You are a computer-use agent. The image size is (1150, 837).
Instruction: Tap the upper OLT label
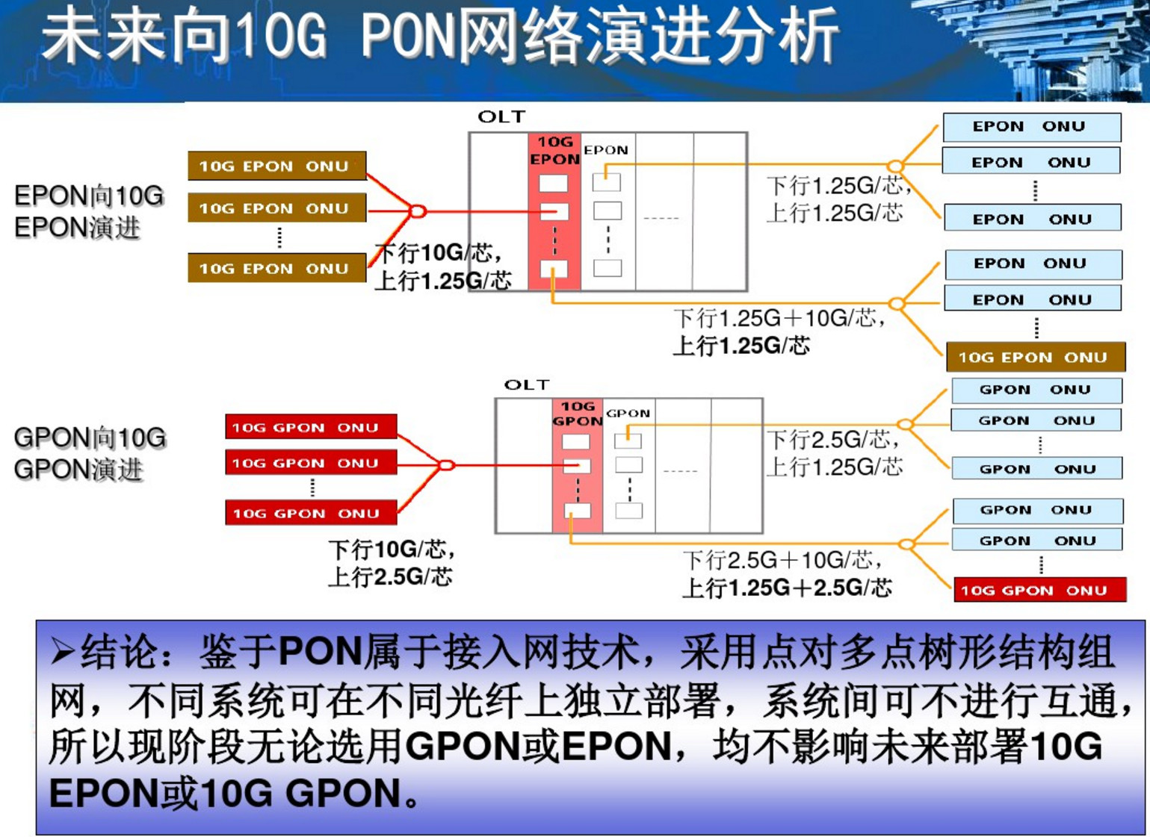click(x=501, y=117)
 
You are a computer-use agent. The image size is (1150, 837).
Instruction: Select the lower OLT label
click(x=526, y=385)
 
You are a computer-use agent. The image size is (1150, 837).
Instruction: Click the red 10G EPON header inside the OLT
click(x=554, y=150)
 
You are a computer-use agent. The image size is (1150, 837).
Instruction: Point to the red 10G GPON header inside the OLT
click(x=577, y=414)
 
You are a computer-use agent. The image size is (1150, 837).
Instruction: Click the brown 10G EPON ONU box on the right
click(x=1035, y=358)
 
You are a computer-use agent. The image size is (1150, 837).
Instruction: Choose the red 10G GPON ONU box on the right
click(x=1039, y=590)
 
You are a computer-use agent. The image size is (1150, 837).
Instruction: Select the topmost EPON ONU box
click(x=1031, y=127)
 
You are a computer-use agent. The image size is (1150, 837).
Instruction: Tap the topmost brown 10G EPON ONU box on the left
click(x=276, y=167)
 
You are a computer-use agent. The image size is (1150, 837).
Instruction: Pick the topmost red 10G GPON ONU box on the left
click(x=310, y=428)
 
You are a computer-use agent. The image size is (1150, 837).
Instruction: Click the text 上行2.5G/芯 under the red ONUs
click(x=390, y=577)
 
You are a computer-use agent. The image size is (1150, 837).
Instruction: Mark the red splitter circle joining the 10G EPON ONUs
click(x=418, y=211)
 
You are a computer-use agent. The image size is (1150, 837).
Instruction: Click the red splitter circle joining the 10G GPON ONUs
click(x=446, y=465)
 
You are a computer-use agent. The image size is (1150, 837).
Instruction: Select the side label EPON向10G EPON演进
click(x=88, y=211)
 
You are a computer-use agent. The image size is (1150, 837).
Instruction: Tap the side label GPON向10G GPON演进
click(x=90, y=453)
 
